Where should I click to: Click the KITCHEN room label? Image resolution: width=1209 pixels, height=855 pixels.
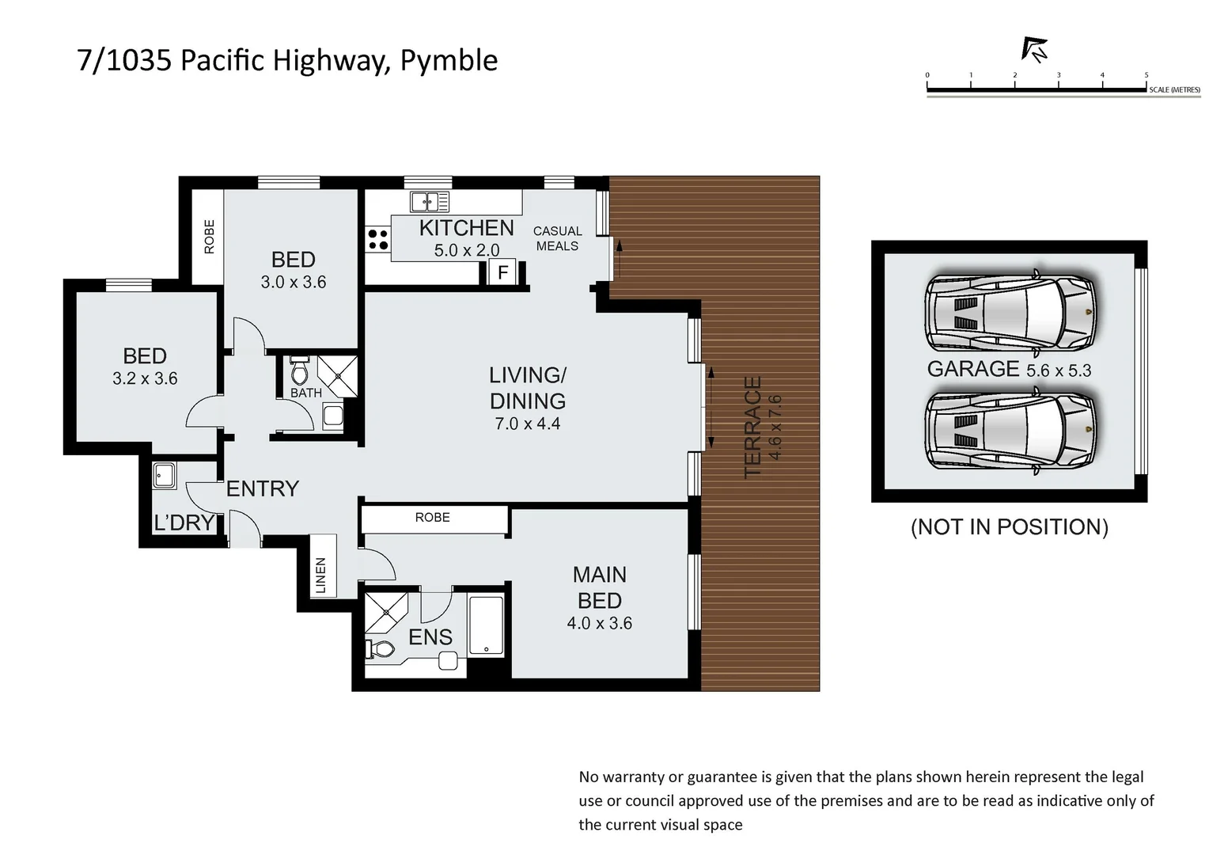coord(466,228)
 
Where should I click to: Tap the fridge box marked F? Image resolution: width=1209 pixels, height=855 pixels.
coord(502,273)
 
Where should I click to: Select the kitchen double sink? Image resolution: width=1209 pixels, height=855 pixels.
coord(428,201)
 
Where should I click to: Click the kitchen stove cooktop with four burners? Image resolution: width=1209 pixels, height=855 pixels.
coord(377,239)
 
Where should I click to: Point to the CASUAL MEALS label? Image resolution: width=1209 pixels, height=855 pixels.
coord(557,238)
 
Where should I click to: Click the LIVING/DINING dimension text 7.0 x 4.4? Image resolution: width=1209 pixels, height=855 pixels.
coord(527,424)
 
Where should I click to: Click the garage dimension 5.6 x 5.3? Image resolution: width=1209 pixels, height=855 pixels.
coord(1058,370)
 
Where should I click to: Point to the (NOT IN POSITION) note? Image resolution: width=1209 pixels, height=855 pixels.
coord(1009,527)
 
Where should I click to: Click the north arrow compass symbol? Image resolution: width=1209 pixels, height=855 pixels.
coord(1034,50)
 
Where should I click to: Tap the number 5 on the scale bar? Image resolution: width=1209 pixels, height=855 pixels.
coord(1146,75)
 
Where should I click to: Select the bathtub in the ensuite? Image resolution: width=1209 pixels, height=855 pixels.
coord(486,625)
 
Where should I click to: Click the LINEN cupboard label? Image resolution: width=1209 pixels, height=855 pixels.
coord(320,576)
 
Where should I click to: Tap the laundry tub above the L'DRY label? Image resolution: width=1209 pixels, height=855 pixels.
coord(164,476)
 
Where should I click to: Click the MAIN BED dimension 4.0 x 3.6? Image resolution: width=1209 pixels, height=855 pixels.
coord(599,624)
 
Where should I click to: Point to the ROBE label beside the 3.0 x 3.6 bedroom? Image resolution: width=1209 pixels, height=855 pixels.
coord(209,237)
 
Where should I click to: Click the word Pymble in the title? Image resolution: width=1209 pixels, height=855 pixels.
coord(449,61)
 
